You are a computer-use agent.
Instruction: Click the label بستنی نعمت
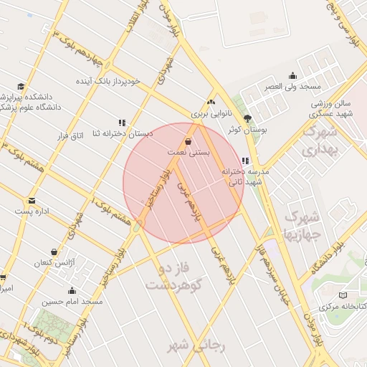[188, 153]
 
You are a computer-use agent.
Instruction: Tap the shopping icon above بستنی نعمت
[188, 141]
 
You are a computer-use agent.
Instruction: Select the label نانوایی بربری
[209, 114]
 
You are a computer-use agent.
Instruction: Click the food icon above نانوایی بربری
[210, 102]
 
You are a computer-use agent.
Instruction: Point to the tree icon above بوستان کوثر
[248, 118]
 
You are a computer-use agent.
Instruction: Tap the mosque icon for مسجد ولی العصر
[292, 76]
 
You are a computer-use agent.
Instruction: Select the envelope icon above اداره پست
[32, 201]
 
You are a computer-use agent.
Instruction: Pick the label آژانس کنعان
[55, 263]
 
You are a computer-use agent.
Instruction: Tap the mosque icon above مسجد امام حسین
[72, 290]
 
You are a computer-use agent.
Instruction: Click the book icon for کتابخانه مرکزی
[342, 295]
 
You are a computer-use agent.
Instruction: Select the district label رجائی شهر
[196, 345]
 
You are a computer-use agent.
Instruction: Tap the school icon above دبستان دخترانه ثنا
[122, 123]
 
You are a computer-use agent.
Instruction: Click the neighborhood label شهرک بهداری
[320, 141]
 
